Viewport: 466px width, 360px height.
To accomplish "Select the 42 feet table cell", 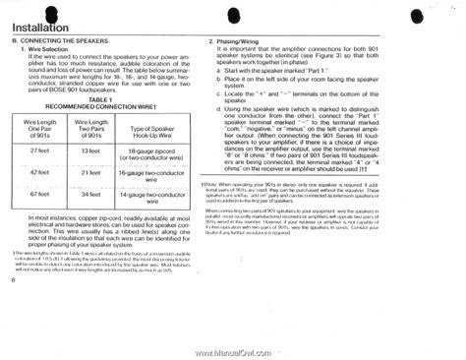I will pos(40,172).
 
